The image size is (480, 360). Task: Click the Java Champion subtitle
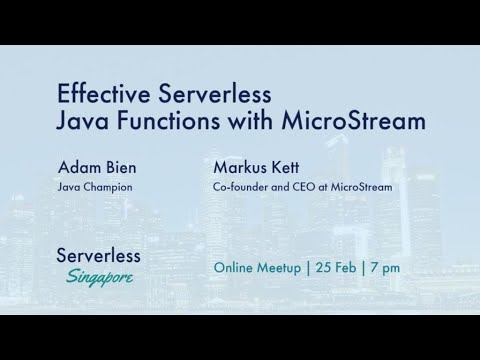pyautogui.click(x=95, y=186)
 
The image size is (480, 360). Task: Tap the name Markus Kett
pyautogui.click(x=255, y=168)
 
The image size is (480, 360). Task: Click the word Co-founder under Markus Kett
pyautogui.click(x=241, y=186)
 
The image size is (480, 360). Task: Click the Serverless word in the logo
pyautogui.click(x=98, y=255)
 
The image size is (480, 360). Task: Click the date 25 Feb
pyautogui.click(x=331, y=268)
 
